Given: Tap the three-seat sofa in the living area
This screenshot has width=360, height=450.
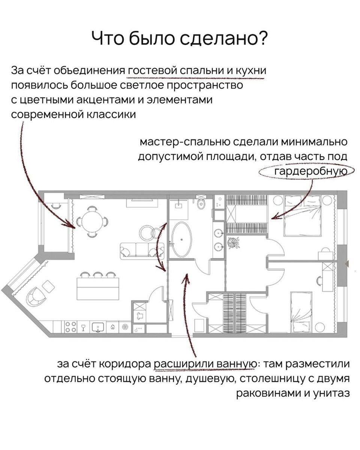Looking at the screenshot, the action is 142,249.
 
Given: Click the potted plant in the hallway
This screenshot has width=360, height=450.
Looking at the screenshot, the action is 234,243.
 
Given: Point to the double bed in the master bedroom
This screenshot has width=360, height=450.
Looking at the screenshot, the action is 302,215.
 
